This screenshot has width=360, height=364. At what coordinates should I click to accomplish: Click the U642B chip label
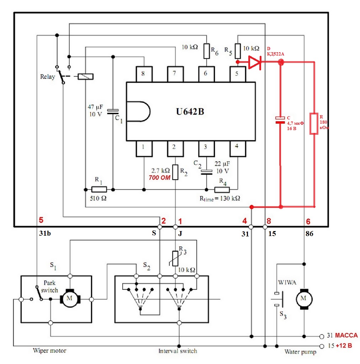(190, 111)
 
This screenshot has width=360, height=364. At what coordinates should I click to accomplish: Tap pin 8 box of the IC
(143, 74)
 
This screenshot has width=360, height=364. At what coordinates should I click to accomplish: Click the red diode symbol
(255, 62)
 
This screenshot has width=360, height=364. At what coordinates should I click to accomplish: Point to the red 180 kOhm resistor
(313, 124)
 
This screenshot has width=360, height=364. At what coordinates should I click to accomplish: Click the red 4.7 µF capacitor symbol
(280, 120)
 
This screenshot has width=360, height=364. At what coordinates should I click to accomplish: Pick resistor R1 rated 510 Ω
(99, 189)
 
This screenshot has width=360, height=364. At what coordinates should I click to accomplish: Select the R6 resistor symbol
(207, 51)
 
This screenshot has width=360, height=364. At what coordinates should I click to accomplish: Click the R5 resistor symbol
(238, 51)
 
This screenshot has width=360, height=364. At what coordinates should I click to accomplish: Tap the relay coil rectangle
(85, 76)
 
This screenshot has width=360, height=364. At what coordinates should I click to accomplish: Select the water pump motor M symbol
(303, 298)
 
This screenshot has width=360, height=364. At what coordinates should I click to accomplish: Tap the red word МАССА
(346, 336)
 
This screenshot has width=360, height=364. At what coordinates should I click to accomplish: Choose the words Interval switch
(178, 351)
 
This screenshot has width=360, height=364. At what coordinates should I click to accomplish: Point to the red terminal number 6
(308, 221)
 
